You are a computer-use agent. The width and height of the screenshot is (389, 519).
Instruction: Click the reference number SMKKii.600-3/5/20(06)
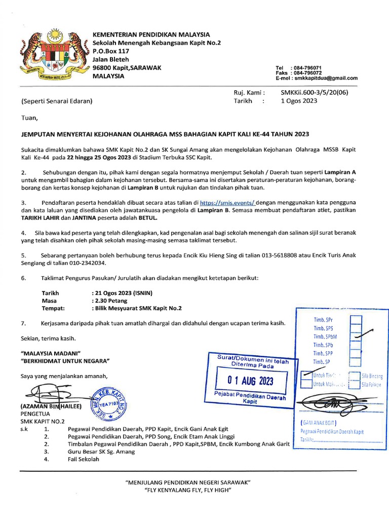point(314,93)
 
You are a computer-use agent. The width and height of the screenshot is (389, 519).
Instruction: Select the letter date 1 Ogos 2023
point(299,101)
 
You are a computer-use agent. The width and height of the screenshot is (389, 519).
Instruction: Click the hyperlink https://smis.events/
point(227,202)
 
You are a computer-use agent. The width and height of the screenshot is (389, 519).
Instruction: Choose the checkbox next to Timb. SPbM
point(356,336)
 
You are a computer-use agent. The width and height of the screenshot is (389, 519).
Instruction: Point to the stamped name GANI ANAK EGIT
point(321,422)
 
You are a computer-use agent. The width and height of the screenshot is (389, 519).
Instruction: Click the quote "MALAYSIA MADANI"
point(51,353)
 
